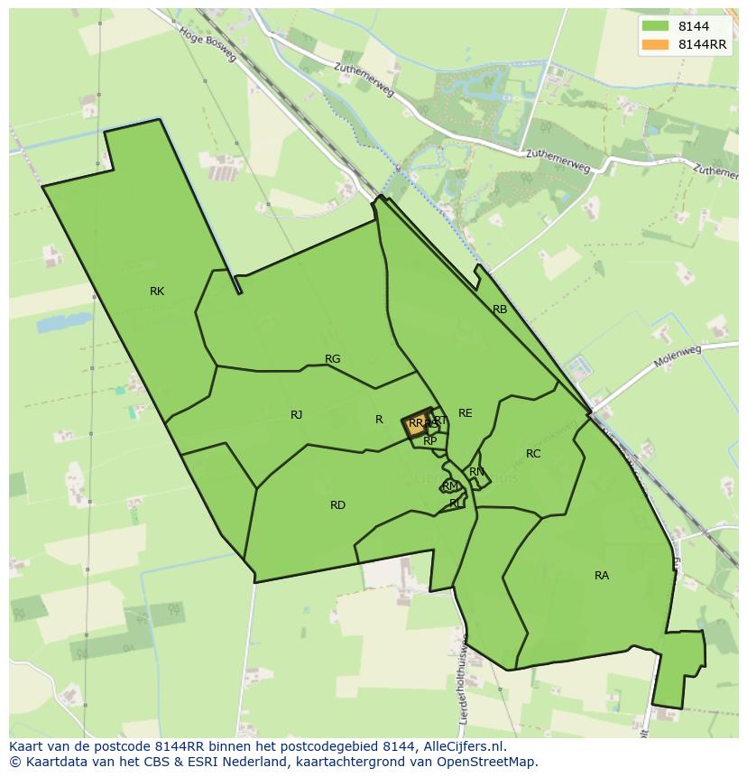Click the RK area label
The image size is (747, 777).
point(157,291)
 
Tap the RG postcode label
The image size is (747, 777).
point(332,359)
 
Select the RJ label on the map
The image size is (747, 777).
point(296,415)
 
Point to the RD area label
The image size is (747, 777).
point(337,505)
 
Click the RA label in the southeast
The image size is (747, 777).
point(602,576)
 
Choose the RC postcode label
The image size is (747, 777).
point(533,454)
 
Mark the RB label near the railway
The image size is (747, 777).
point(500,310)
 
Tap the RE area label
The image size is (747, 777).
point(465,413)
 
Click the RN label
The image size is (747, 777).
point(476,472)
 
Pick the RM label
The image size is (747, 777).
point(450,486)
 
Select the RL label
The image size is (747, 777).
point(456,504)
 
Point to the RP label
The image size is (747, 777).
point(430,441)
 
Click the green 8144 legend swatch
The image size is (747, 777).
point(655,27)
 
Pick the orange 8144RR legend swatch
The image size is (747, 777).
point(655,44)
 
